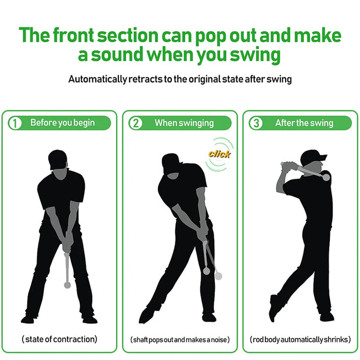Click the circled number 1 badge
(x=16, y=123)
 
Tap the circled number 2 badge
(x=135, y=123)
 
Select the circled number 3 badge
(x=255, y=123)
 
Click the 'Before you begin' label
(x=62, y=123)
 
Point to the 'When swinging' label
(x=184, y=123)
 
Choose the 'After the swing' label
(x=304, y=123)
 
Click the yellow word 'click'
(x=219, y=154)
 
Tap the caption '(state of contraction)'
(x=59, y=339)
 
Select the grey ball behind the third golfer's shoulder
(x=326, y=177)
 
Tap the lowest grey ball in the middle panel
(x=218, y=276)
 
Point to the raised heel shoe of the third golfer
(x=273, y=307)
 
